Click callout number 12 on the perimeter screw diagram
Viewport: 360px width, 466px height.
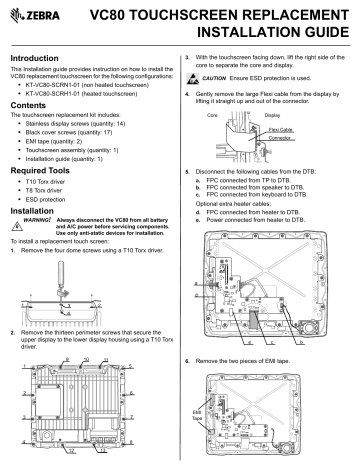pos(88,450)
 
